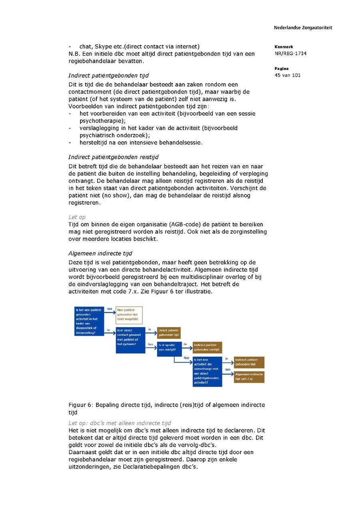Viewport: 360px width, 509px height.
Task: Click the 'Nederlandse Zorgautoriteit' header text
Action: (x=303, y=28)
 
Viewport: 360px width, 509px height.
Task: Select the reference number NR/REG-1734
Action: (x=290, y=54)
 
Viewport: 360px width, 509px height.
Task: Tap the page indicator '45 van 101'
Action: (x=288, y=75)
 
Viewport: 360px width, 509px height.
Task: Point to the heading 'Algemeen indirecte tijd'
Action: (x=100, y=254)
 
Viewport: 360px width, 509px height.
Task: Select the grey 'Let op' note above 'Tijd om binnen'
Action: (x=77, y=217)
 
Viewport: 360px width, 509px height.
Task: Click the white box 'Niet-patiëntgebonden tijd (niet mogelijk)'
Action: (x=129, y=315)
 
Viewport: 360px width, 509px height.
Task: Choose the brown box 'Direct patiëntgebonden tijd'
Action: (x=168, y=333)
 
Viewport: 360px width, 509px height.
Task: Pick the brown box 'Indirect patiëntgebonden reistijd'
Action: (x=207, y=347)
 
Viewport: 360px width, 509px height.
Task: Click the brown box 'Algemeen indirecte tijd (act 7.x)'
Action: (x=249, y=377)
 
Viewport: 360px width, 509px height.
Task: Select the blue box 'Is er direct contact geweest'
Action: (x=130, y=340)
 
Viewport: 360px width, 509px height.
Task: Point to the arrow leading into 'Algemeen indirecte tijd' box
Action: (x=228, y=374)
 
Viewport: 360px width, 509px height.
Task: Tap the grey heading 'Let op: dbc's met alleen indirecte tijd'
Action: (x=120, y=423)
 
